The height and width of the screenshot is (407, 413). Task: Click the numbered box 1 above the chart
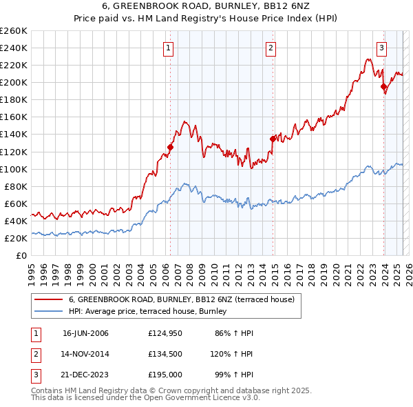169,48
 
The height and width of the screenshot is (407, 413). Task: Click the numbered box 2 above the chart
271,48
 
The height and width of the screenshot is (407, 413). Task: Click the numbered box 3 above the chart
381,48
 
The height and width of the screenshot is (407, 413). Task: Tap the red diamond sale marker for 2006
170,147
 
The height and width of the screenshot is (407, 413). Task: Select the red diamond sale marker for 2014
273,139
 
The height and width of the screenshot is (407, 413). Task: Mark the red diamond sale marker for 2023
383,86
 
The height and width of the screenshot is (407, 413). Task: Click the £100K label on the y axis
14,169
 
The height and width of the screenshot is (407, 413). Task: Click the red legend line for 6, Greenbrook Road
49,299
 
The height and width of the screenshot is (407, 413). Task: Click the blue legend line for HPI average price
49,312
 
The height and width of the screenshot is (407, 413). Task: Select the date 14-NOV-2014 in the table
85,354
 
